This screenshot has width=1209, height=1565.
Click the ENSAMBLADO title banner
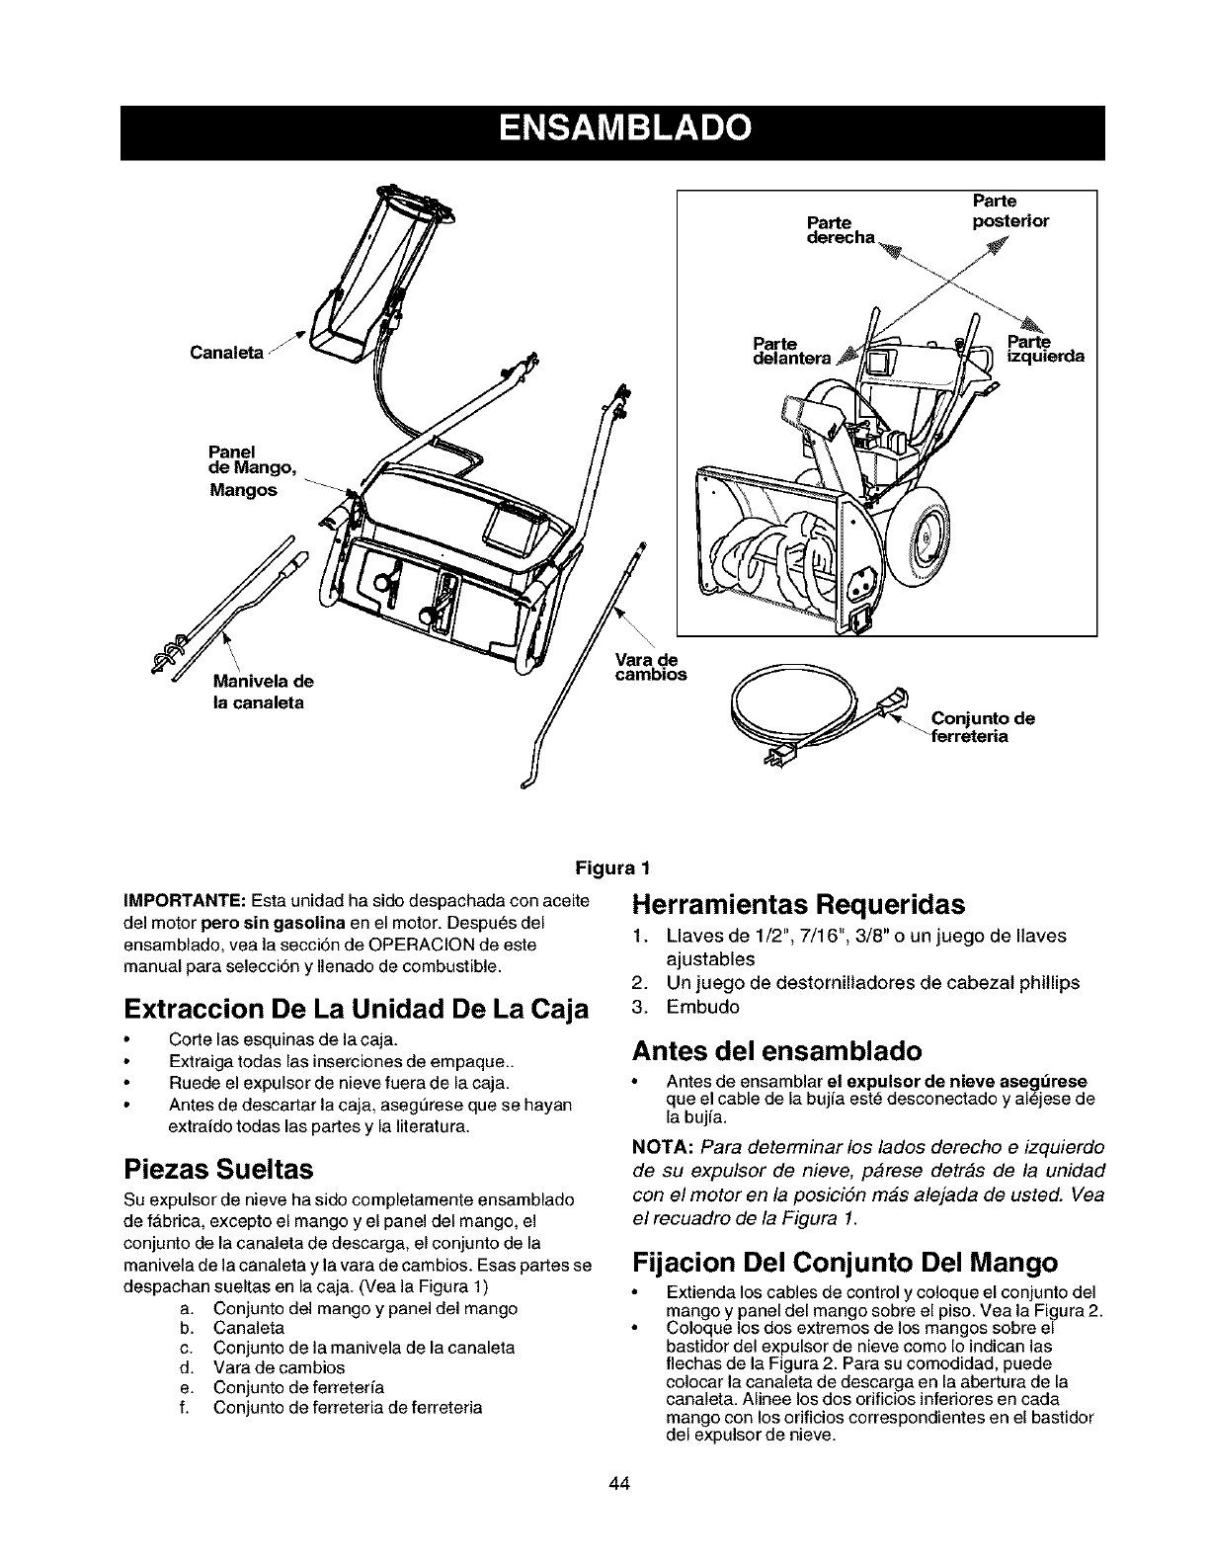(x=612, y=130)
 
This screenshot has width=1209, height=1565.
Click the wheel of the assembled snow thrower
(x=933, y=541)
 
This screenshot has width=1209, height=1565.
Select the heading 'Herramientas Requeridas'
(x=797, y=905)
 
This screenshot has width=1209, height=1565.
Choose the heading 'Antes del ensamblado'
(x=776, y=1048)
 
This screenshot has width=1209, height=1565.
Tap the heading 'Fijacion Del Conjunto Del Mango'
(x=845, y=1263)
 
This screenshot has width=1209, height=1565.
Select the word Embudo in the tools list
(x=702, y=1007)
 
